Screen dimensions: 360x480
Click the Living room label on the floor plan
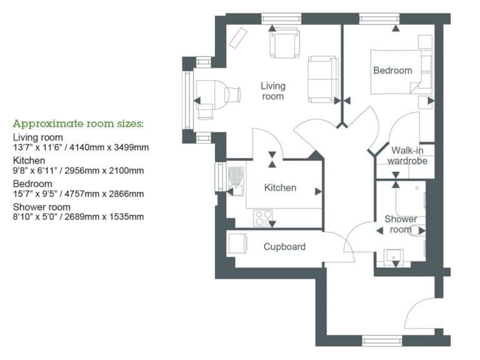[x=272, y=91]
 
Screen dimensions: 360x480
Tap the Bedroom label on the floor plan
[x=392, y=70]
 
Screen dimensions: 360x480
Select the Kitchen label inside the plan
[x=279, y=187]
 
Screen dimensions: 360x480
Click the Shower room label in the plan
[x=401, y=224]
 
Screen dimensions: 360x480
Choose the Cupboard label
[x=284, y=246]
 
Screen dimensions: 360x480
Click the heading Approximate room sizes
[x=78, y=123]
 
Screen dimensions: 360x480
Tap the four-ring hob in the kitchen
[x=263, y=218]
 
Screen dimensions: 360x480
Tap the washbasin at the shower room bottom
[x=395, y=256]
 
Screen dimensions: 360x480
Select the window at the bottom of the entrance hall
[x=381, y=341]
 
